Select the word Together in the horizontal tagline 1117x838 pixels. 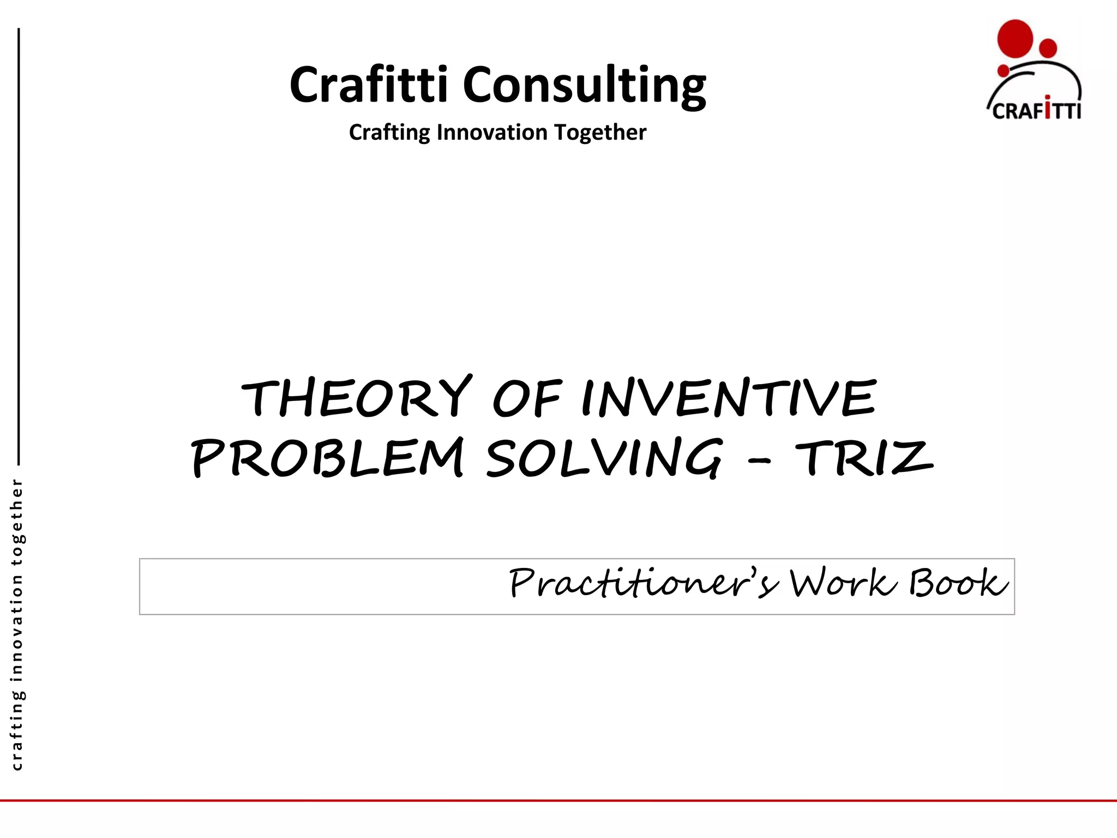pyautogui.click(x=600, y=133)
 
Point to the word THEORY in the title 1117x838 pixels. pyautogui.click(x=357, y=397)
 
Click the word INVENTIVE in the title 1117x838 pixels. pyautogui.click(x=729, y=397)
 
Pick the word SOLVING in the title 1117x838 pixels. pyautogui.click(x=604, y=458)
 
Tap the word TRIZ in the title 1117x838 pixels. pyautogui.click(x=864, y=458)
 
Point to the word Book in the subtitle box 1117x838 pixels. pyautogui.click(x=958, y=583)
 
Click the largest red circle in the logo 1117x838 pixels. pyautogui.click(x=1015, y=38)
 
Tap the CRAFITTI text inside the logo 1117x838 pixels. pyautogui.click(x=1036, y=111)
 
